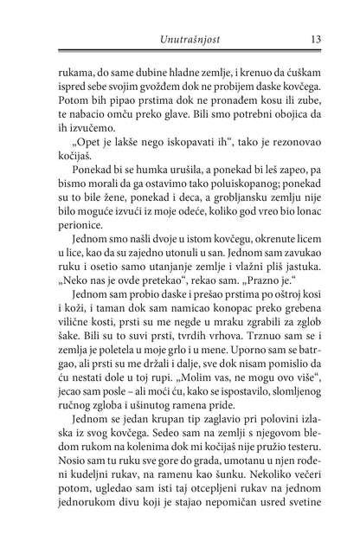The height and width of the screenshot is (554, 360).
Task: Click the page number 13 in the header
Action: click(316, 38)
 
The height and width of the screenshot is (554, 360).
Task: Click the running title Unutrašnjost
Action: click(179, 38)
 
